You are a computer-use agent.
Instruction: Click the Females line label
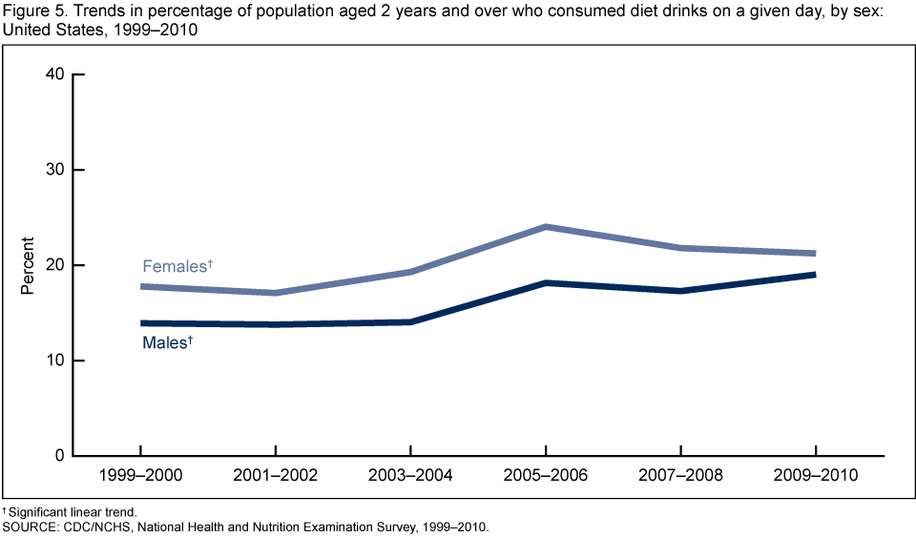click(177, 266)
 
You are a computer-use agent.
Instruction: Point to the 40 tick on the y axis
click(54, 74)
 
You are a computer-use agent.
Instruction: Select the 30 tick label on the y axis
click(54, 170)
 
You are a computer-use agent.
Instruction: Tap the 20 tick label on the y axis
click(54, 265)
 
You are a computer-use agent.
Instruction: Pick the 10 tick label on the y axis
click(54, 361)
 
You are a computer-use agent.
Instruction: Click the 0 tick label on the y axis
click(59, 456)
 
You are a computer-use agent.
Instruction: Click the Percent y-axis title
click(28, 265)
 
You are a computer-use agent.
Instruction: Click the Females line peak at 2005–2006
click(545, 227)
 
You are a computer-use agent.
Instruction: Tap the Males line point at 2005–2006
click(545, 283)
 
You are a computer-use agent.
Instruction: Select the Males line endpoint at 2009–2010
click(814, 275)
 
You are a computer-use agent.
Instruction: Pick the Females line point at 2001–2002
click(275, 293)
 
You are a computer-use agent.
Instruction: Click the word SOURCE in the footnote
click(30, 526)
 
